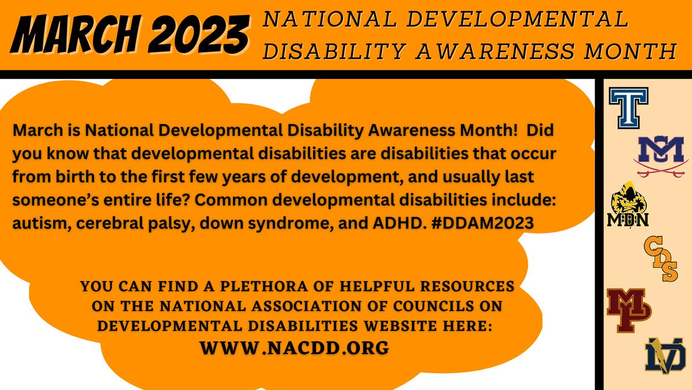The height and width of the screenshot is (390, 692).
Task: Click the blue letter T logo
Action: (x=629, y=107)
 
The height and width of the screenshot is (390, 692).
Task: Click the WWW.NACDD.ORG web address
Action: (x=294, y=348)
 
